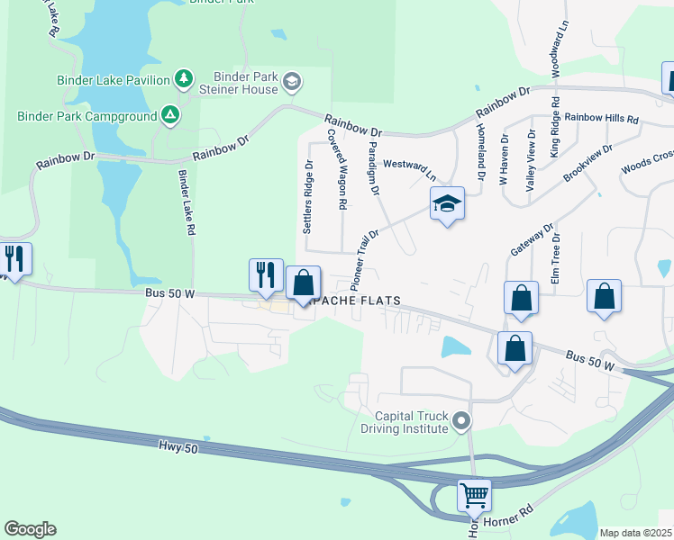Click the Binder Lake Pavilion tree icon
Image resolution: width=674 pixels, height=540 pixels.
point(183,80)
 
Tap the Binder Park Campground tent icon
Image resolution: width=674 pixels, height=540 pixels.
point(168,115)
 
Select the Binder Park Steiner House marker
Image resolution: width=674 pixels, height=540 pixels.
point(291,83)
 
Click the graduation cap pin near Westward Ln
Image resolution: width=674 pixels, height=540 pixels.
point(446,204)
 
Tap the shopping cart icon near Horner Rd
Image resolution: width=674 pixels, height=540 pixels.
point(474,494)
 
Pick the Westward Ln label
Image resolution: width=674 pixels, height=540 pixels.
point(409,167)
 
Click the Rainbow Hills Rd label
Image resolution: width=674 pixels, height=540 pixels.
point(601,119)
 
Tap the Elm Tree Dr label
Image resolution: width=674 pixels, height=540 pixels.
point(557,259)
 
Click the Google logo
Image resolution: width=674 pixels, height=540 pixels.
point(31,529)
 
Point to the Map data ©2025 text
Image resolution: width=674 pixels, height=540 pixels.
point(635,533)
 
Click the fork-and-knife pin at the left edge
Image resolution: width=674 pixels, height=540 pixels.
point(14,259)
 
